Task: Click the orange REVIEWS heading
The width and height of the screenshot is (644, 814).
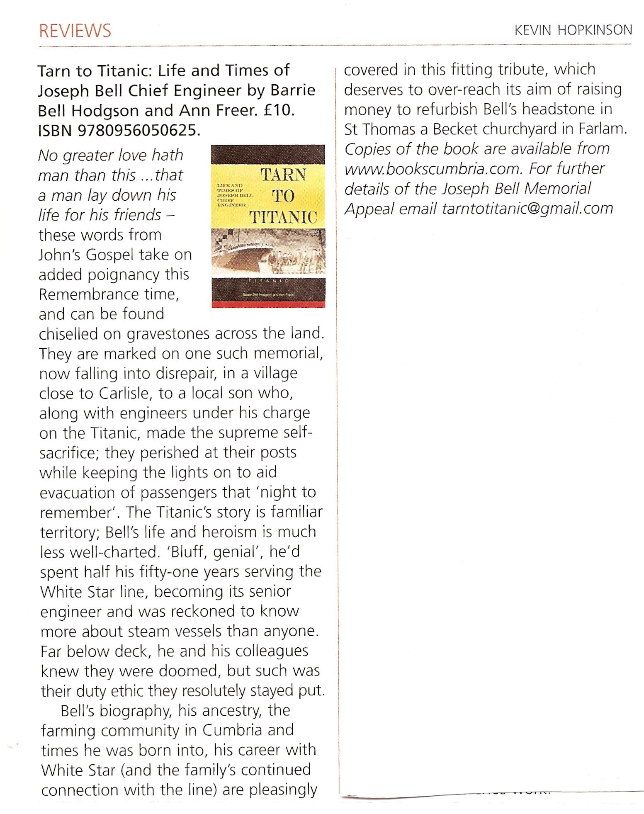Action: tap(75, 31)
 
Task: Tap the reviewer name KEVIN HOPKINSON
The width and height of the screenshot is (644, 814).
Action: tap(573, 30)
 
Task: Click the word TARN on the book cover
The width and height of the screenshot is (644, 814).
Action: tap(283, 175)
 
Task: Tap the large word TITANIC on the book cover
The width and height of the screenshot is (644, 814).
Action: tap(283, 217)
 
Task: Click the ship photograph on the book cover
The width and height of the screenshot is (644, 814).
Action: tap(268, 252)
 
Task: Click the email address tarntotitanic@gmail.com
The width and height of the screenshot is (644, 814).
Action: tap(527, 209)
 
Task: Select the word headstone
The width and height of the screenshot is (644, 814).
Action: tap(561, 109)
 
